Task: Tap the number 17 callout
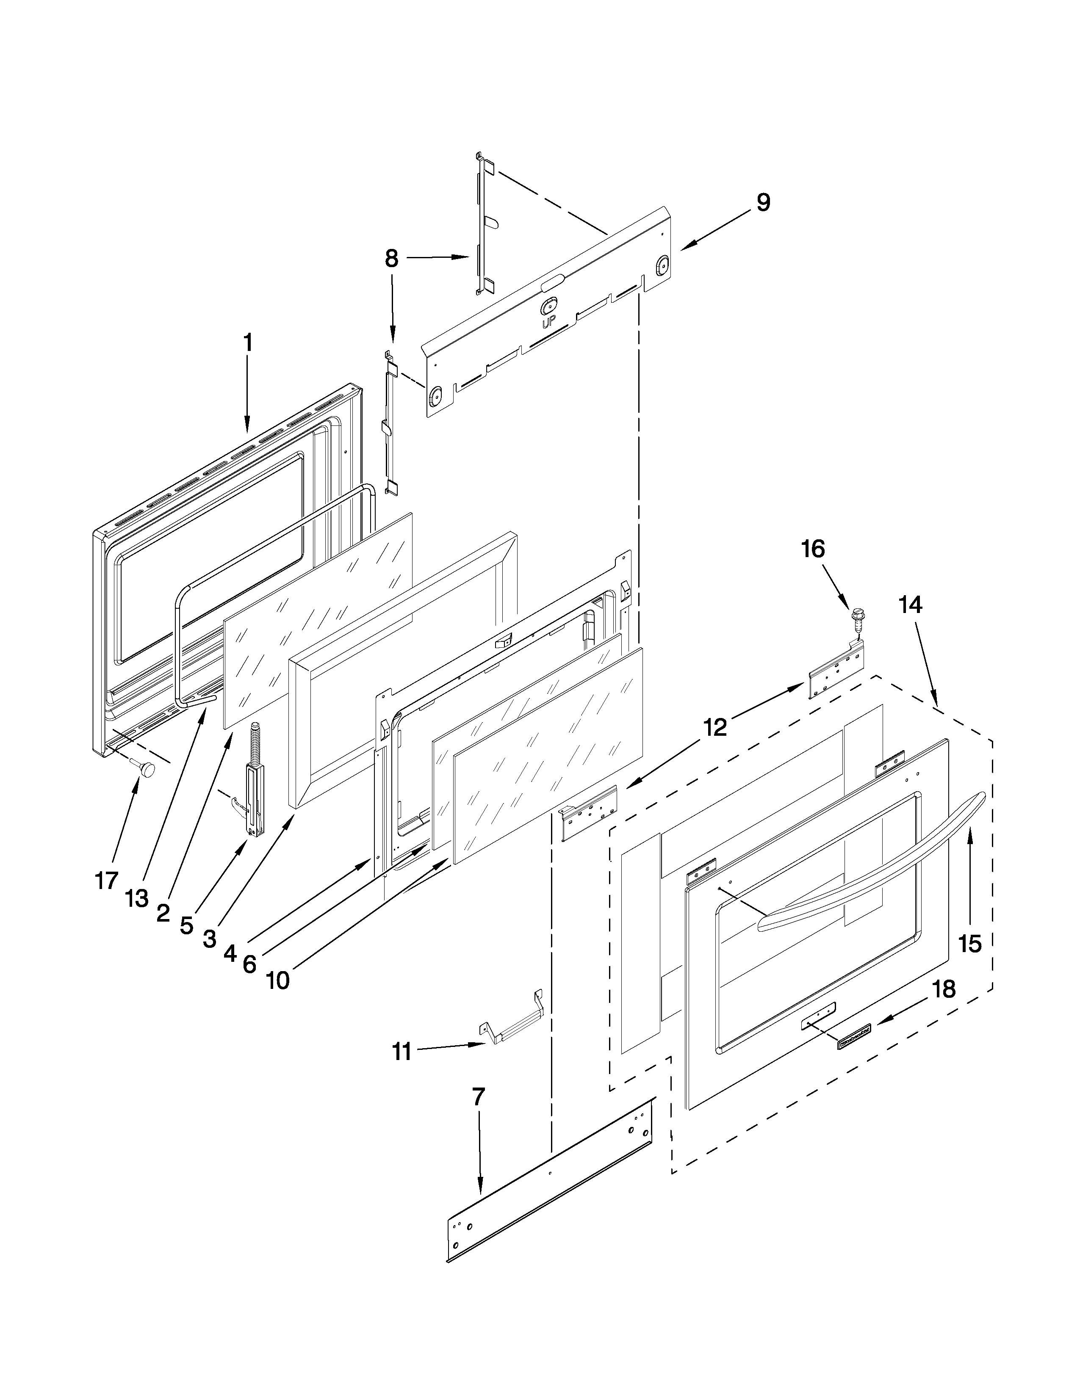coord(106,881)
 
